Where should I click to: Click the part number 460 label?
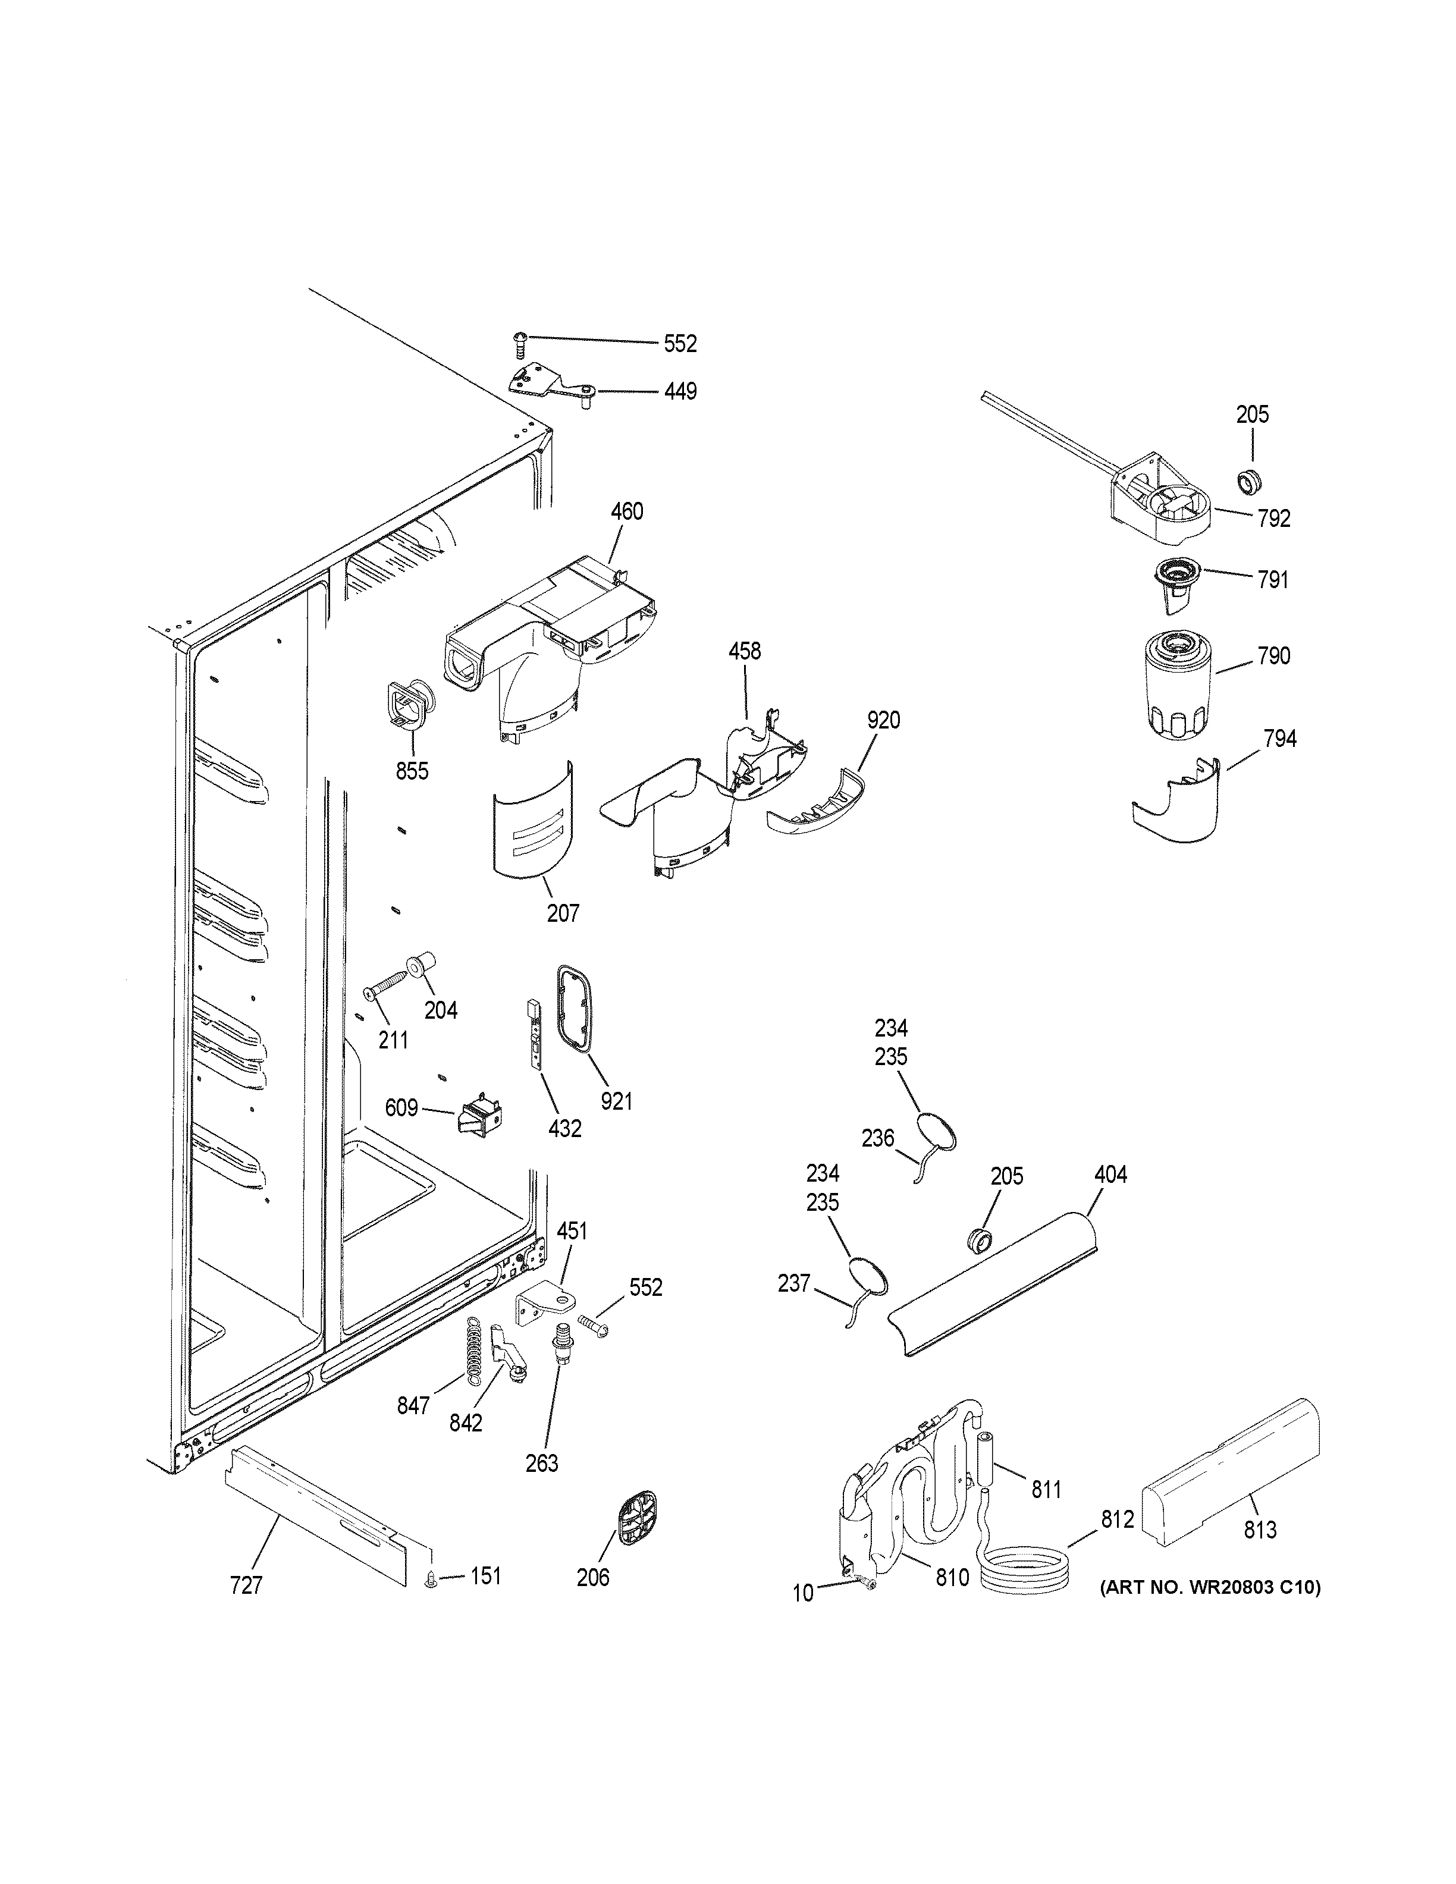tap(626, 511)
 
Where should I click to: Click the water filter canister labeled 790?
tap(1176, 685)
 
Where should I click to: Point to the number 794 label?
tap(1279, 739)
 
